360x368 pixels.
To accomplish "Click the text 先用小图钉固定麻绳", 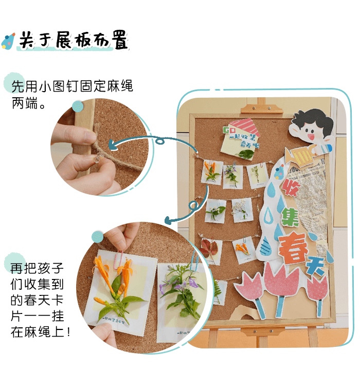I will (x=72, y=86).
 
